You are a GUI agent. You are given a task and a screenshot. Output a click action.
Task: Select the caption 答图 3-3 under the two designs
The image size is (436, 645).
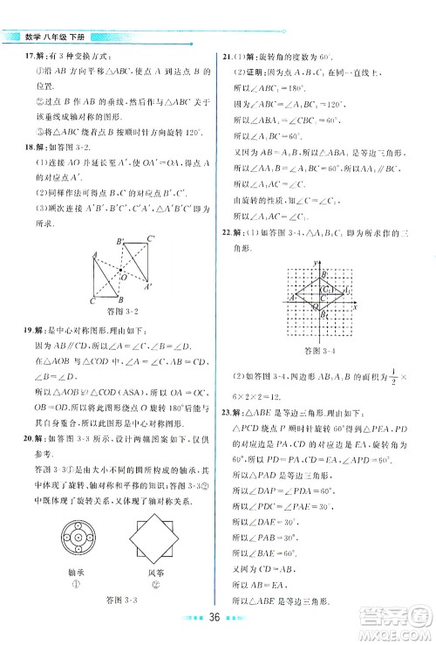pyautogui.click(x=116, y=599)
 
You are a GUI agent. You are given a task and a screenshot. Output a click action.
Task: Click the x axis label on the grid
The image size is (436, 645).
pyautogui.click(x=357, y=307)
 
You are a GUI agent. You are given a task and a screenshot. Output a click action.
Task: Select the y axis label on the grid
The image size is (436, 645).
pyautogui.click(x=312, y=262)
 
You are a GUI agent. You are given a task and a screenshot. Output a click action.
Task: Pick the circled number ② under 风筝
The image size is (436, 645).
pyautogui.click(x=163, y=579)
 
